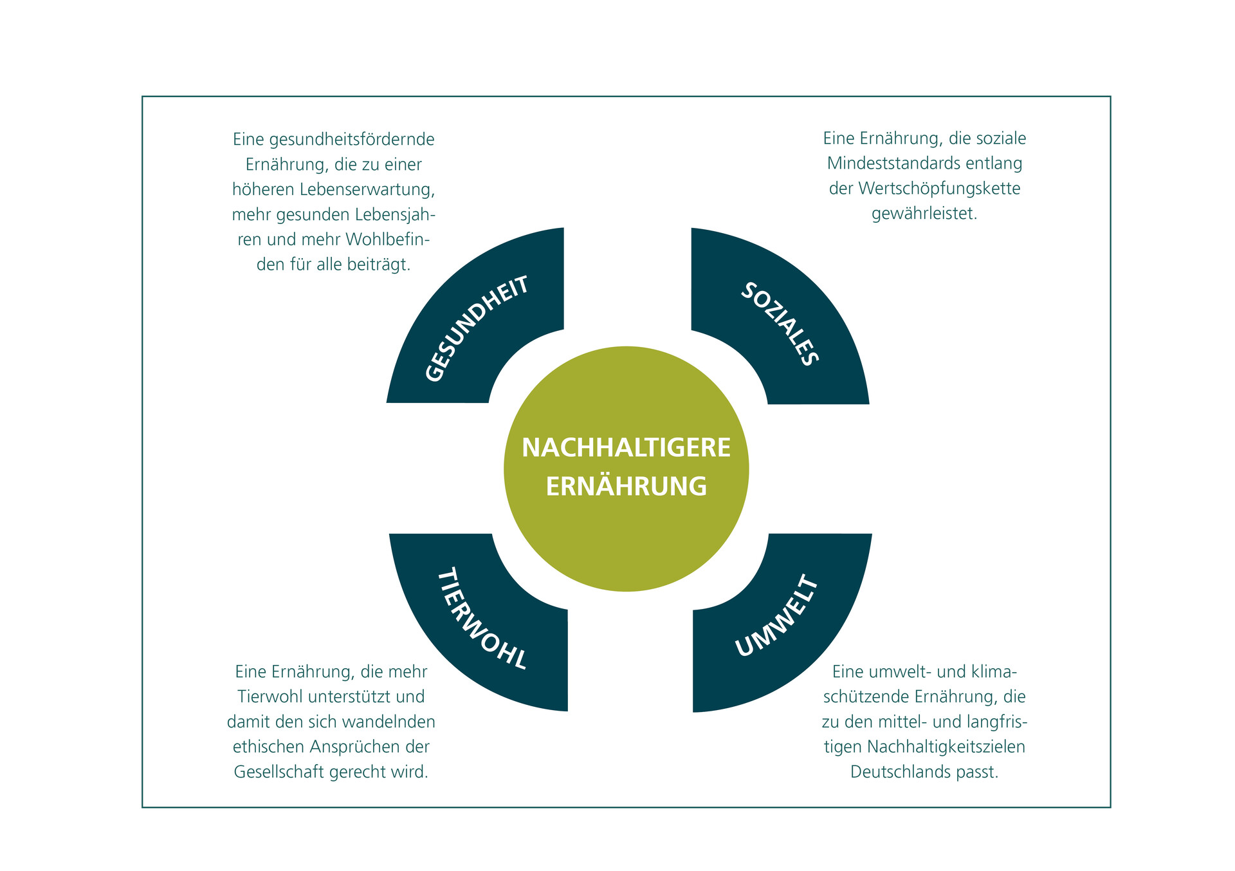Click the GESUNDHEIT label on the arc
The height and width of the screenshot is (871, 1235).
click(477, 328)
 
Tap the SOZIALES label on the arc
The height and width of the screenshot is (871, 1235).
click(780, 324)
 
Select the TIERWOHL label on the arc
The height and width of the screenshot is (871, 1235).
click(482, 618)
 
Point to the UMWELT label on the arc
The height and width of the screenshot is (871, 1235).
click(776, 616)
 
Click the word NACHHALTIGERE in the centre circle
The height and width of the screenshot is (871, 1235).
click(626, 447)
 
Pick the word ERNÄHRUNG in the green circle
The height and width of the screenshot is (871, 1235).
click(626, 486)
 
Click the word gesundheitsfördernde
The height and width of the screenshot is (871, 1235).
click(352, 140)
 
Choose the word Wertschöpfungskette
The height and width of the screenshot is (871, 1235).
click(939, 189)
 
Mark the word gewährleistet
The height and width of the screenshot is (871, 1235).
click(924, 214)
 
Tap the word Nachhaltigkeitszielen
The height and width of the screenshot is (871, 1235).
click(946, 747)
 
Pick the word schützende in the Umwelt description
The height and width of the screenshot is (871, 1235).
click(866, 697)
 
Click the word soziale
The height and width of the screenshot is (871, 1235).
click(1001, 138)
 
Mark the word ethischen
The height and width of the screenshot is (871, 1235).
click(269, 747)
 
